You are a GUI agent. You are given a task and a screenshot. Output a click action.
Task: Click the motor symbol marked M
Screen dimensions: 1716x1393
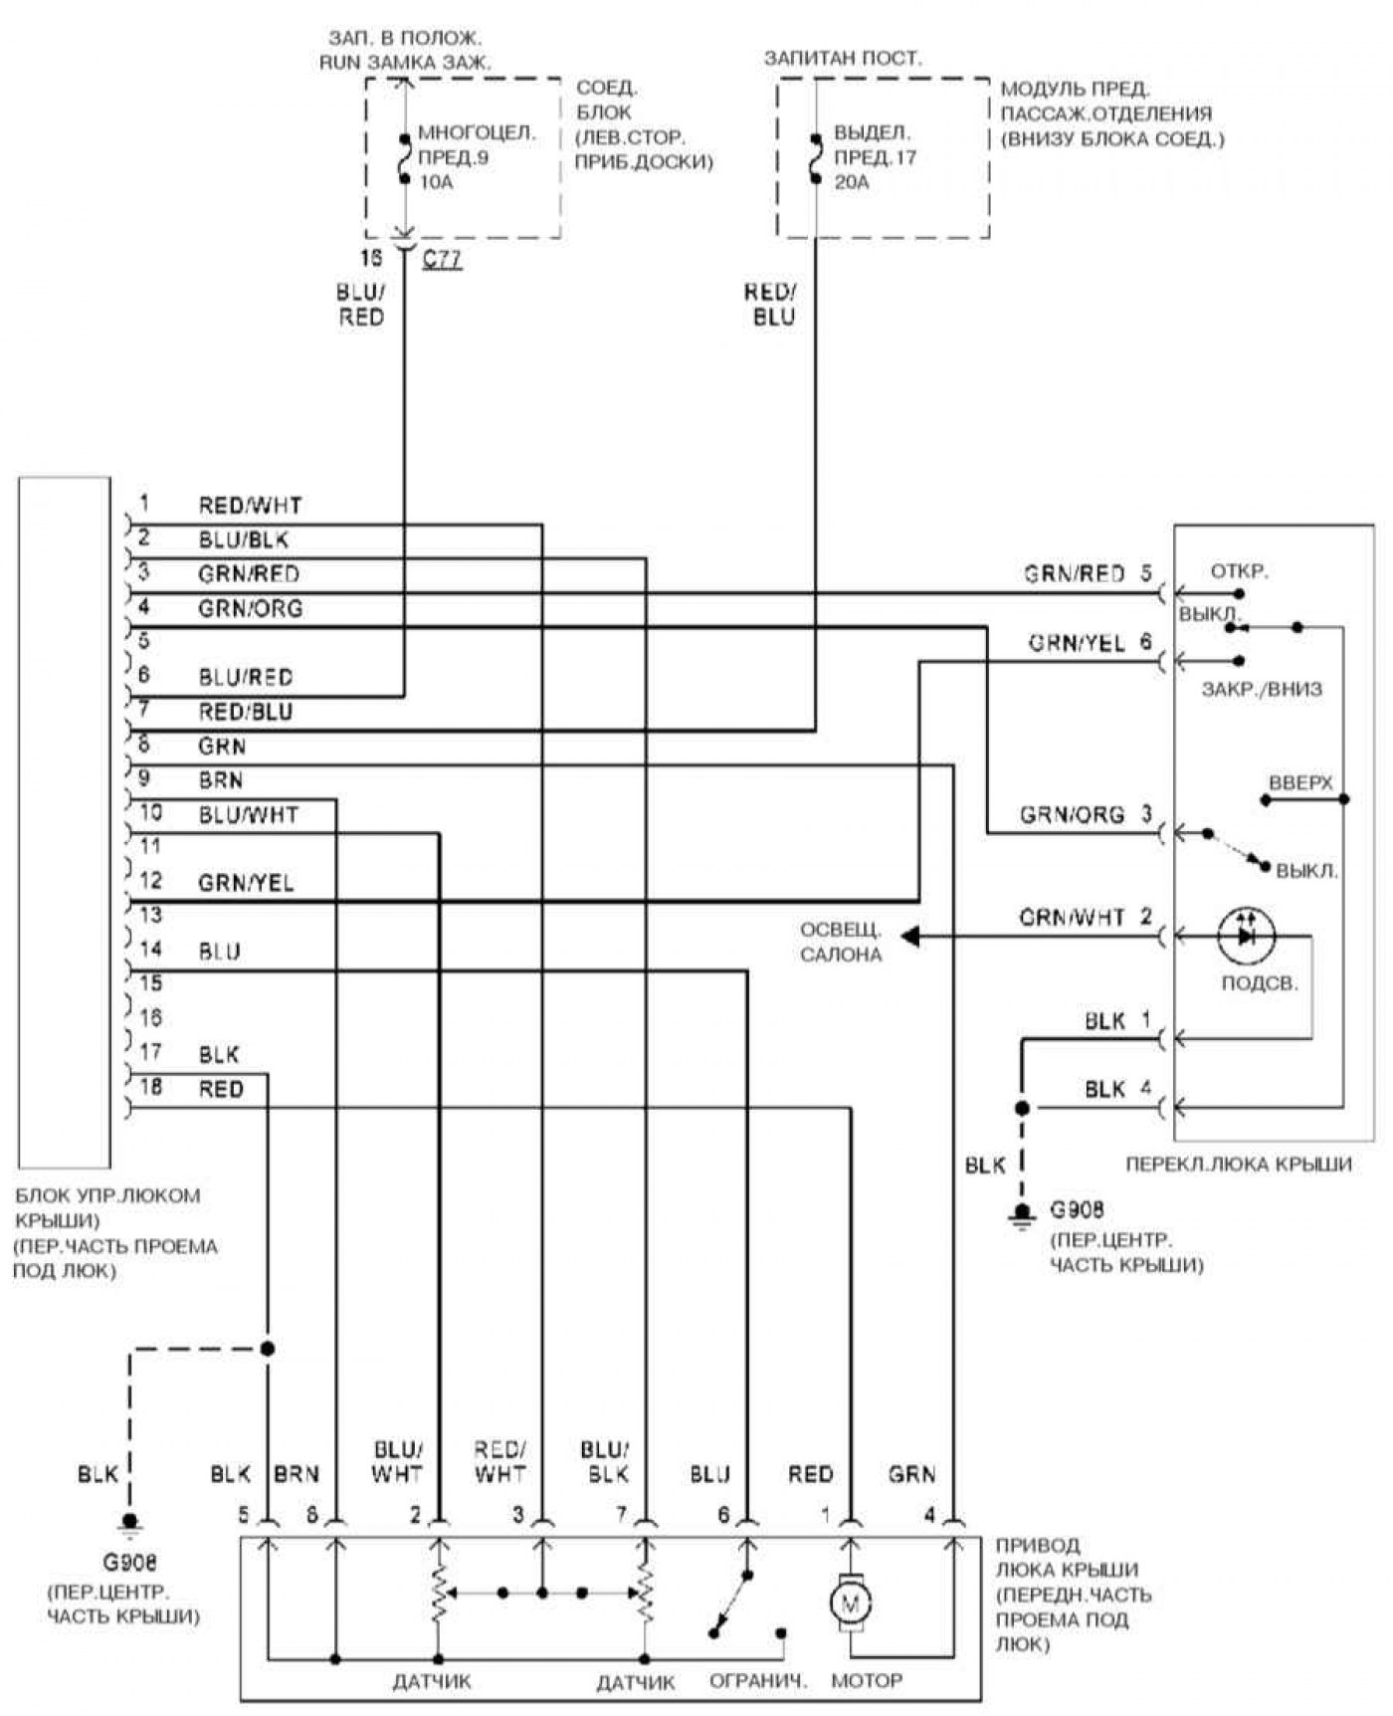point(850,1603)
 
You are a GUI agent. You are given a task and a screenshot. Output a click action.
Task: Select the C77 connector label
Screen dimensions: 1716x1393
point(442,262)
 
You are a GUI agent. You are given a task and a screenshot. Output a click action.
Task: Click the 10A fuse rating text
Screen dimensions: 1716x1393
point(436,182)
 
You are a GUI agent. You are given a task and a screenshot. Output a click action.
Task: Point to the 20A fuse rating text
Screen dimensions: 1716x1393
point(851,182)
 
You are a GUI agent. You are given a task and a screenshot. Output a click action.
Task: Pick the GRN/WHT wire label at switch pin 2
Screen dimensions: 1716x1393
point(1072,917)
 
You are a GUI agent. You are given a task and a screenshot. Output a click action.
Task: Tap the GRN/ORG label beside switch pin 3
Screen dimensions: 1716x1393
point(1072,815)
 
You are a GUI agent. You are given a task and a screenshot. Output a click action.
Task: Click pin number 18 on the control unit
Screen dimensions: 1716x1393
point(149,1087)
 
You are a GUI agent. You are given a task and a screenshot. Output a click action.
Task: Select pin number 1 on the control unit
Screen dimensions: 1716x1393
point(144,503)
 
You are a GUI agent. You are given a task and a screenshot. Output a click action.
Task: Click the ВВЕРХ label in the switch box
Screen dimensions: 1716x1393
point(1299,783)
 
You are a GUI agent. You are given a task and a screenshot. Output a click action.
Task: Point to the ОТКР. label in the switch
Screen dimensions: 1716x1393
point(1239,572)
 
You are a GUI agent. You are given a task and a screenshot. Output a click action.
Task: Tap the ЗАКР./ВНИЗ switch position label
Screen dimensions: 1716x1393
point(1262,689)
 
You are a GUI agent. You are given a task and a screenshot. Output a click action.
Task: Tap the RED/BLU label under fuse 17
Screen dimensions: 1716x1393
point(770,305)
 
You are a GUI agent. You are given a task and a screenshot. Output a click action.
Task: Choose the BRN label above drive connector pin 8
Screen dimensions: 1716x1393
point(297,1474)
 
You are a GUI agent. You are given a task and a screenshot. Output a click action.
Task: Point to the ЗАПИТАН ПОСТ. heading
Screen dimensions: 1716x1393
point(843,59)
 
